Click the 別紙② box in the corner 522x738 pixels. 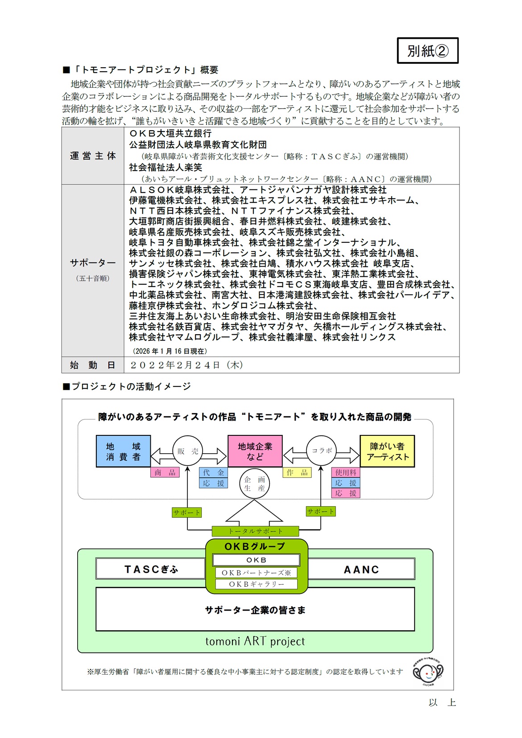427,51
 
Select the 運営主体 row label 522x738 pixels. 93,156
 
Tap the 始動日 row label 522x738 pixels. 93,365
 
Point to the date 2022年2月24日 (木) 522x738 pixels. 186,365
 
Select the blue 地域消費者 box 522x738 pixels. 123,451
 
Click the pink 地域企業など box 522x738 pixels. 255,451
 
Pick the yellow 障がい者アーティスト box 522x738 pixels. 387,451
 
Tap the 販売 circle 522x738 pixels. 188,451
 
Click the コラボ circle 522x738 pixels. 322,451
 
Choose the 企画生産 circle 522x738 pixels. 254,484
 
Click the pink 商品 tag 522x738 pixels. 165,472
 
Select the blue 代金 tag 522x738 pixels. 213,472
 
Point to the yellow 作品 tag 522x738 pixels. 297,472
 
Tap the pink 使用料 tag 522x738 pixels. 346,472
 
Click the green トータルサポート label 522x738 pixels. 255,531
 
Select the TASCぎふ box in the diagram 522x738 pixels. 151,569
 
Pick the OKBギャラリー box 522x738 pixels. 256,584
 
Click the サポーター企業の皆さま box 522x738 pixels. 255,610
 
